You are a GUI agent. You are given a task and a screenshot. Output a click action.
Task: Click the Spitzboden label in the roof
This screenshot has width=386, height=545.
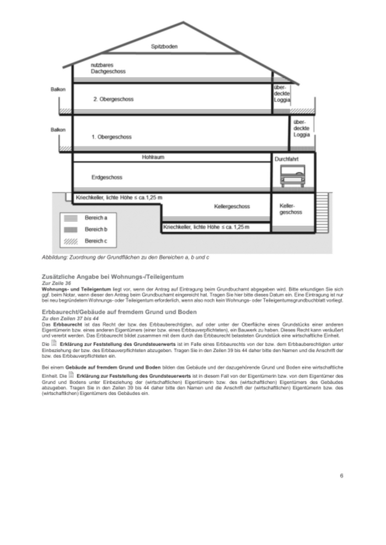[164, 47]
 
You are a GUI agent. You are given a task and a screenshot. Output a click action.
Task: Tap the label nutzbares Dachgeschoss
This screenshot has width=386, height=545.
[108, 68]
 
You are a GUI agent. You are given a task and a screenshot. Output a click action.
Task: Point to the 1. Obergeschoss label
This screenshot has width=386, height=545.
[113, 134]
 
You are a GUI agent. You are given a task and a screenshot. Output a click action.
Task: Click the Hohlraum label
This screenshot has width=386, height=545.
[153, 157]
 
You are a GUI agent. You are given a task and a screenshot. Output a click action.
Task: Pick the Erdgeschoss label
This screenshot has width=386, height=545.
[107, 177]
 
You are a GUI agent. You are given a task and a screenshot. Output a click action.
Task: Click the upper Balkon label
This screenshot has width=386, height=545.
[58, 89]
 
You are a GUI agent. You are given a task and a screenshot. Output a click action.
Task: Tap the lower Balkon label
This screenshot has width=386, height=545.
[58, 130]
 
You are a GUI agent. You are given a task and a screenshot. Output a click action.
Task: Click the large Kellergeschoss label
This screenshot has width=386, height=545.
[232, 206]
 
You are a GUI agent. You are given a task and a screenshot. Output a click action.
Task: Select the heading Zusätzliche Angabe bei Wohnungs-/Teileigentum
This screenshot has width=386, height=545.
[112, 276]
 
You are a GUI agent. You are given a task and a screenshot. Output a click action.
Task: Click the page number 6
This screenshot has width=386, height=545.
[341, 476]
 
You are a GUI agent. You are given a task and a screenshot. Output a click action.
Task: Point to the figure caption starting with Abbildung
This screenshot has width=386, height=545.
[125, 257]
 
